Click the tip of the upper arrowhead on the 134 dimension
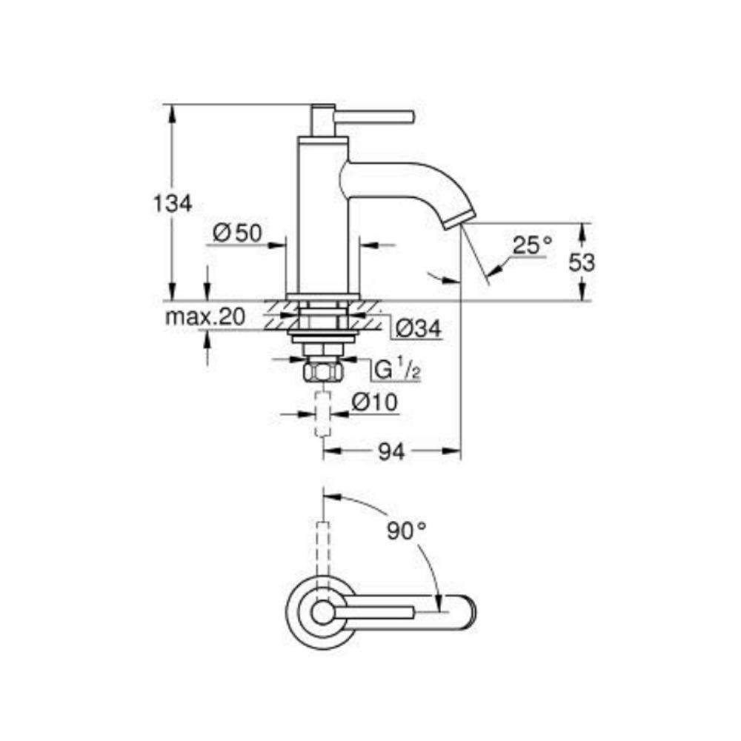pyautogui.click(x=172, y=105)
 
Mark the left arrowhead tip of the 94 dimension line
pyautogui.click(x=323, y=451)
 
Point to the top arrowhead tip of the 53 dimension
pyautogui.click(x=582, y=224)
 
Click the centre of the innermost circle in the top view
pyautogui.click(x=322, y=613)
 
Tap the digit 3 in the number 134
pyautogui.click(x=173, y=204)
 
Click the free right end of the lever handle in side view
pyautogui.click(x=414, y=117)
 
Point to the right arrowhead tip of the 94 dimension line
pyautogui.click(x=460, y=451)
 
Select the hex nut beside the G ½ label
pyautogui.click(x=323, y=372)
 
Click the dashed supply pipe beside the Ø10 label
pyautogui.click(x=323, y=413)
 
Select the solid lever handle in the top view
pyautogui.click(x=373, y=613)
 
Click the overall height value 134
pyautogui.click(x=173, y=204)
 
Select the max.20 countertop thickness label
pyautogui.click(x=205, y=316)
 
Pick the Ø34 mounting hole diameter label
pyautogui.click(x=418, y=328)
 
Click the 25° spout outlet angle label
pyautogui.click(x=533, y=245)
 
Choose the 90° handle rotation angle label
pyautogui.click(x=407, y=531)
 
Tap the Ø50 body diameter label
pyautogui.click(x=237, y=233)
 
